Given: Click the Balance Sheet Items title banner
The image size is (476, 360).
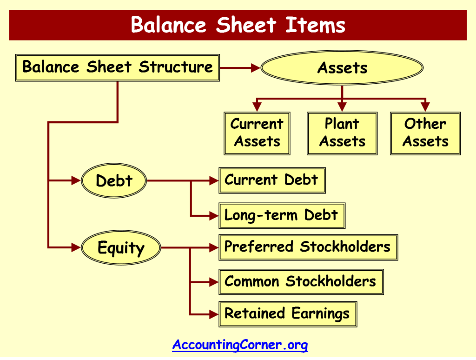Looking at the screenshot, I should pyautogui.click(x=238, y=25).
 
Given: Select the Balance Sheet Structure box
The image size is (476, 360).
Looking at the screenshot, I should pyautogui.click(x=117, y=67).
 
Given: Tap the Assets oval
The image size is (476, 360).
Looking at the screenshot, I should pyautogui.click(x=342, y=68).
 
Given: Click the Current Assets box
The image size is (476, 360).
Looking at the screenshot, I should pyautogui.click(x=257, y=133).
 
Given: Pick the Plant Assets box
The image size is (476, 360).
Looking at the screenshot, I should pyautogui.click(x=342, y=133).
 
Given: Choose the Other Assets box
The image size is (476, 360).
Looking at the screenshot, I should pyautogui.click(x=425, y=133).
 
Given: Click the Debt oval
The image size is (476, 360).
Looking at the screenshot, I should pyautogui.click(x=114, y=181).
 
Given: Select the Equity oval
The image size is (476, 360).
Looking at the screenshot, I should pyautogui.click(x=121, y=248).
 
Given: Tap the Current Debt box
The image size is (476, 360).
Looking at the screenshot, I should pyautogui.click(x=272, y=180).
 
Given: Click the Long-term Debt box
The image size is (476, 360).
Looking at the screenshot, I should pyautogui.click(x=282, y=215).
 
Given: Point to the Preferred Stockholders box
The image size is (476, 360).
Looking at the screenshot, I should pyautogui.click(x=308, y=247).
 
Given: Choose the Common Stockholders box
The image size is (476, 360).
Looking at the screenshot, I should pyautogui.click(x=301, y=282).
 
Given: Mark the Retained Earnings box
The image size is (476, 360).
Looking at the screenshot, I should pyautogui.click(x=287, y=313).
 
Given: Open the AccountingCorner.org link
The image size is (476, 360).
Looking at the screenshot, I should pyautogui.click(x=240, y=345).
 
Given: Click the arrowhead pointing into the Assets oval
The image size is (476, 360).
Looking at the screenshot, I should pyautogui.click(x=255, y=68).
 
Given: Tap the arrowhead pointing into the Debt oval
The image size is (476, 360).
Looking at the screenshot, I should pyautogui.click(x=76, y=181).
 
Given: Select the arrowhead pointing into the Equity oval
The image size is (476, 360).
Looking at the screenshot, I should pyautogui.click(x=76, y=248).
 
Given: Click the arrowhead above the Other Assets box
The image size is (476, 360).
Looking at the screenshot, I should pyautogui.click(x=425, y=107).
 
